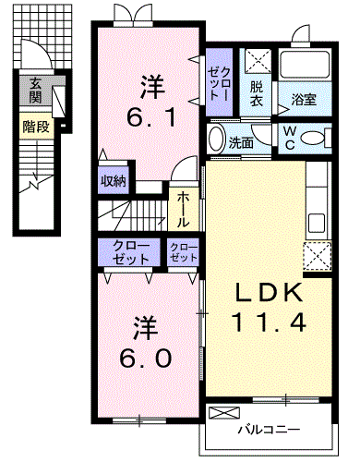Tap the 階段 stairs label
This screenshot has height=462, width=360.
[x=36, y=123]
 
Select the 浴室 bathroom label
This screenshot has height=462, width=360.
[x=305, y=97]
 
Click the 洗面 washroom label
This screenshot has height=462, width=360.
[x=242, y=144]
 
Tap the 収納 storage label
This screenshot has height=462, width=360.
[x=114, y=181]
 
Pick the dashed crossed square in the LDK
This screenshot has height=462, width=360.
[x=318, y=253]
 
